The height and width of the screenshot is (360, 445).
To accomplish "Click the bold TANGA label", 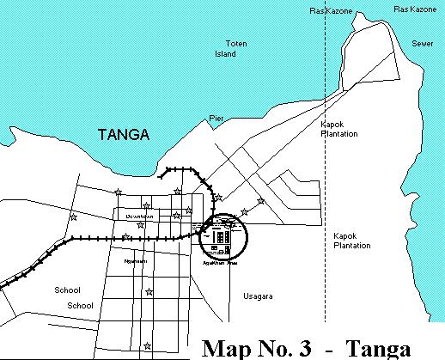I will coord(125,135).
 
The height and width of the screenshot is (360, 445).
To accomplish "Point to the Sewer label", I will coord(422,42).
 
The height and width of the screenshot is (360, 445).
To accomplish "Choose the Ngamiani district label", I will coord(135,260).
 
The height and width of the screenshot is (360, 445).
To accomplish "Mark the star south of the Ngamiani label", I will coord(149,294).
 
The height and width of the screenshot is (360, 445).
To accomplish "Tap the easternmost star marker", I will coord(261,201).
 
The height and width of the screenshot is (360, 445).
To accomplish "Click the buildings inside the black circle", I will coord(222,236).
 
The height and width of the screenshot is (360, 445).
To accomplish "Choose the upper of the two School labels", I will coord(68,290).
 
